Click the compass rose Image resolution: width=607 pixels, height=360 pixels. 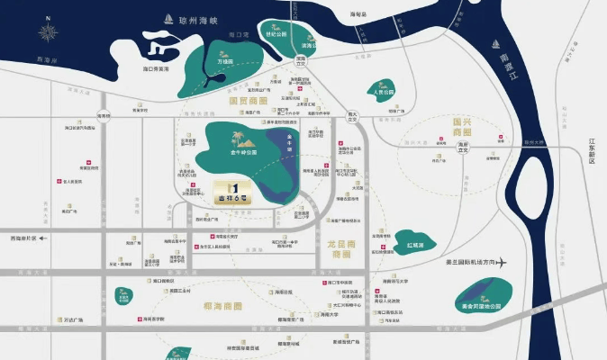click(x=48, y=35)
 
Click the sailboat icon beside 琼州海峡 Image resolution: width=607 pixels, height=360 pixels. click(x=168, y=18)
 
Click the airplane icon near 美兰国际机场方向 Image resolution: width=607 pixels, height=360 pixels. click(x=507, y=263)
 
